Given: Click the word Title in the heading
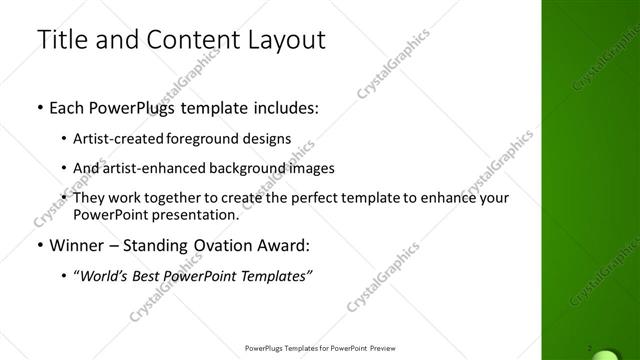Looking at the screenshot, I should click(x=61, y=41).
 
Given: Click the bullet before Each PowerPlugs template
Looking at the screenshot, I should click(x=38, y=107).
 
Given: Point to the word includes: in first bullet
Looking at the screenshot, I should click(x=286, y=107).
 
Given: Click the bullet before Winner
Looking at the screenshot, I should click(x=38, y=244).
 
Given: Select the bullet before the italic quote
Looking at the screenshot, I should click(x=65, y=275).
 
